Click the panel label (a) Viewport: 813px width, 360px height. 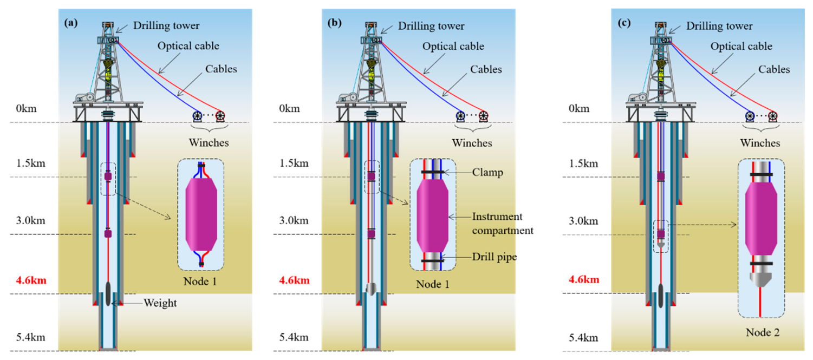[71, 23]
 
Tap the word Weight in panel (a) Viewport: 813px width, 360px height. [160, 303]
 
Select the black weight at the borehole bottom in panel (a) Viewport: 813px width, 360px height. [108, 293]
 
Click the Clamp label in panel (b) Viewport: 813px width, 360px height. [487, 172]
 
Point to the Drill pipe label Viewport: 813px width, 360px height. [495, 257]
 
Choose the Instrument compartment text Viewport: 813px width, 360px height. [503, 223]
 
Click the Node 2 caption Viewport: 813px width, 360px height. [763, 332]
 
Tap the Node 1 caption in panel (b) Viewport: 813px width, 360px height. [432, 284]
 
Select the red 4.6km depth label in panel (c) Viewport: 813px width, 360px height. [584, 279]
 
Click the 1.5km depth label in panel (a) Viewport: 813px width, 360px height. [31, 163]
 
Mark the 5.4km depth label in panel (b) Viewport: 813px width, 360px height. [294, 337]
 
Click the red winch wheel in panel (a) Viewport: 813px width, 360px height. [220, 116]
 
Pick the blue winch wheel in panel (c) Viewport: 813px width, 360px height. [750, 116]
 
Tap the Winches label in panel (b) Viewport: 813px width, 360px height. [472, 143]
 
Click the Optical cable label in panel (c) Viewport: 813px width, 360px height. [741, 46]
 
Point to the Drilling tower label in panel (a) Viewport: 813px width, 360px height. [166, 25]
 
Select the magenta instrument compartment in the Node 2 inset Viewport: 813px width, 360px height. [761, 219]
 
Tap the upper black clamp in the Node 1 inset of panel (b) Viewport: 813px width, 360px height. [432, 172]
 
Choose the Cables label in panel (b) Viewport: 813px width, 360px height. [486, 69]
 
